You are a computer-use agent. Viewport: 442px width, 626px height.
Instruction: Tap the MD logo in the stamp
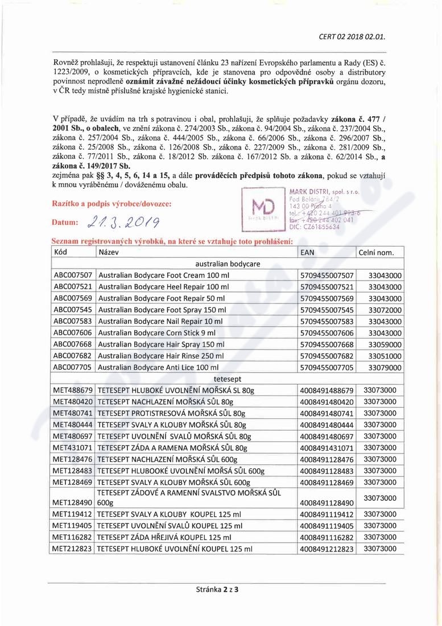[262, 209]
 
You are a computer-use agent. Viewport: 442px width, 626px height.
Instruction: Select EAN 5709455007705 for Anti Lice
[327, 368]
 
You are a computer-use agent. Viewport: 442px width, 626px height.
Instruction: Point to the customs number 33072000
[381, 310]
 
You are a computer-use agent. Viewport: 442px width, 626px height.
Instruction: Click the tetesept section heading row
[227, 379]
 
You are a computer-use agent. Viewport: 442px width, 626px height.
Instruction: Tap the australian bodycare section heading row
[227, 263]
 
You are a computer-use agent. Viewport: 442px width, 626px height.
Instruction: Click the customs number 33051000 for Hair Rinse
[381, 356]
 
